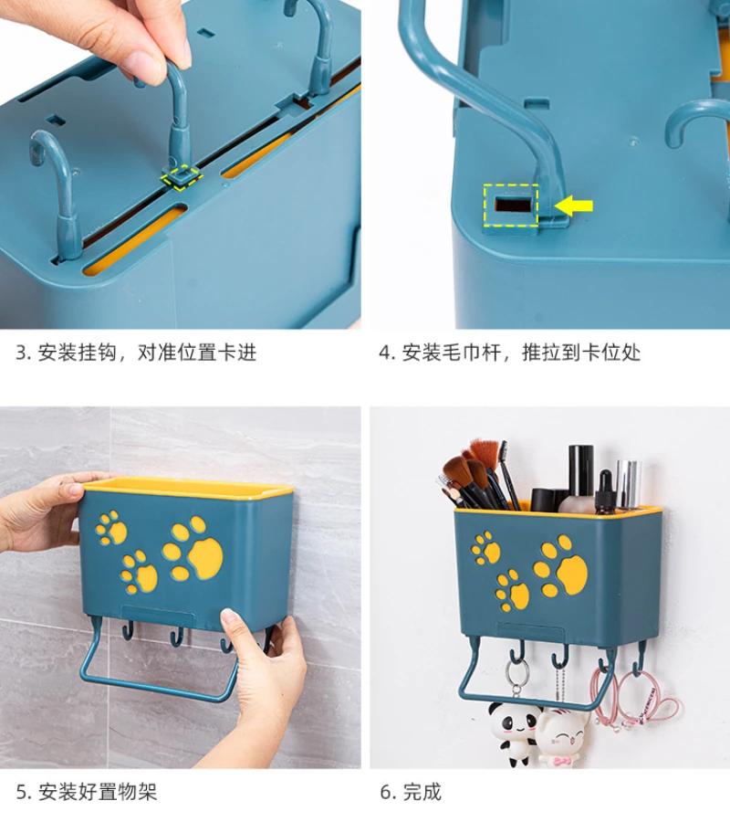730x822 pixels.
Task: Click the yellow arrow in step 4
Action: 574,206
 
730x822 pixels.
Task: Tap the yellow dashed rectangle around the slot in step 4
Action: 511,205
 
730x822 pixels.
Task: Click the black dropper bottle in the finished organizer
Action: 605,492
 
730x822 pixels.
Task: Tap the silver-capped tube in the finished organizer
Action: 629,484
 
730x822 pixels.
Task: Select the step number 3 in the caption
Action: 22,353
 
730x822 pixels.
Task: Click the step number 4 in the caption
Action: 386,353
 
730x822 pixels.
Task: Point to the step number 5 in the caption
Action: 23,792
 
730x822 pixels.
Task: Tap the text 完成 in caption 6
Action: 422,792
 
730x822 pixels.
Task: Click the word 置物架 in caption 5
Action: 128,792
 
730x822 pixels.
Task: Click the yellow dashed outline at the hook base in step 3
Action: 182,176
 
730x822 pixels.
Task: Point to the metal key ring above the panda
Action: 516,679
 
